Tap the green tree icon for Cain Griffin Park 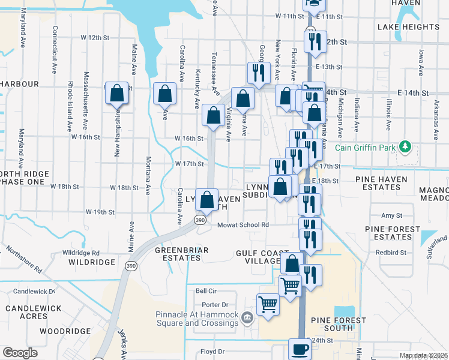pos(405,146)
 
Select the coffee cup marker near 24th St pos(300,349)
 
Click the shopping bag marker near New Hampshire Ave pos(117,94)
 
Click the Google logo pos(20,353)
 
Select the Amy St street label pos(391,215)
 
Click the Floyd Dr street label pos(212,352)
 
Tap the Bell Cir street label pos(205,290)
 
